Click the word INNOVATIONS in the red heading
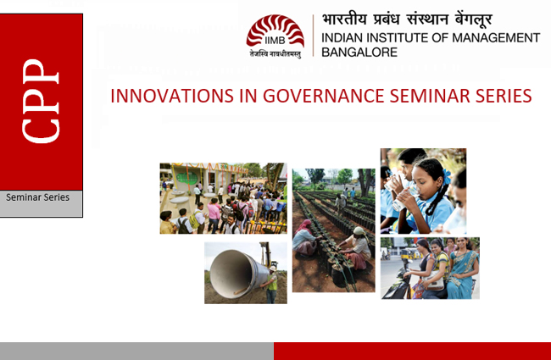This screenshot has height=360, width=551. pos(171,96)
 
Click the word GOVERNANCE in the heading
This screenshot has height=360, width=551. pos(323,96)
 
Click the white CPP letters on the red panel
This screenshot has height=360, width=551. pos(41,101)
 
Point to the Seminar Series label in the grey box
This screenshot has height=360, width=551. pos(37,197)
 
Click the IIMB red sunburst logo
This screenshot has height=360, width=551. pos(275,31)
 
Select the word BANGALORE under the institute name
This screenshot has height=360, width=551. pos(359,53)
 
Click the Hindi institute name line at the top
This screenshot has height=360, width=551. pos(407,19)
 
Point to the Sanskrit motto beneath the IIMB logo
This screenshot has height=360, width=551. pos(275,54)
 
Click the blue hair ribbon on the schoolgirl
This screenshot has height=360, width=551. pos(447,176)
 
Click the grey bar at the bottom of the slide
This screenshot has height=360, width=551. pos(136,351)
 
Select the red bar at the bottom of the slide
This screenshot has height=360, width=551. pos(412,351)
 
